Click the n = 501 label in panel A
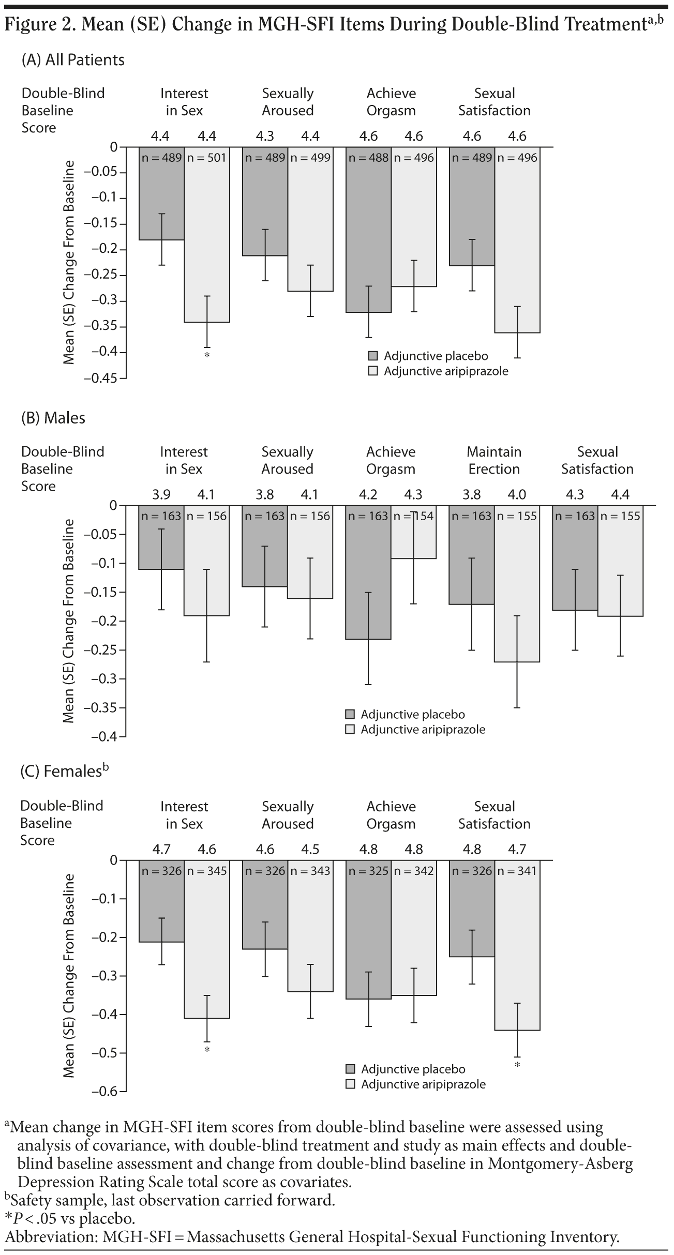click(x=206, y=158)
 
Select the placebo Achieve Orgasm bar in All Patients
click(x=368, y=233)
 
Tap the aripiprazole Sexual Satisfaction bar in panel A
click(x=517, y=243)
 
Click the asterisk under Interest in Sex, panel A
click(x=206, y=355)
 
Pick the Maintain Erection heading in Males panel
click(x=494, y=460)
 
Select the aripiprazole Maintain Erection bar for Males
click(x=517, y=589)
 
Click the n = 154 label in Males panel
click(x=413, y=516)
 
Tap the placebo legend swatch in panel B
click(x=350, y=715)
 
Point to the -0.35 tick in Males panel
click(x=107, y=707)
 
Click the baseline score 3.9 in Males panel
click(x=161, y=495)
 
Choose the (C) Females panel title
click(x=64, y=771)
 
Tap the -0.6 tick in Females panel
click(x=109, y=1091)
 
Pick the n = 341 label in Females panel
click(x=517, y=871)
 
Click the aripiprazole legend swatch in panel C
click(x=350, y=1084)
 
